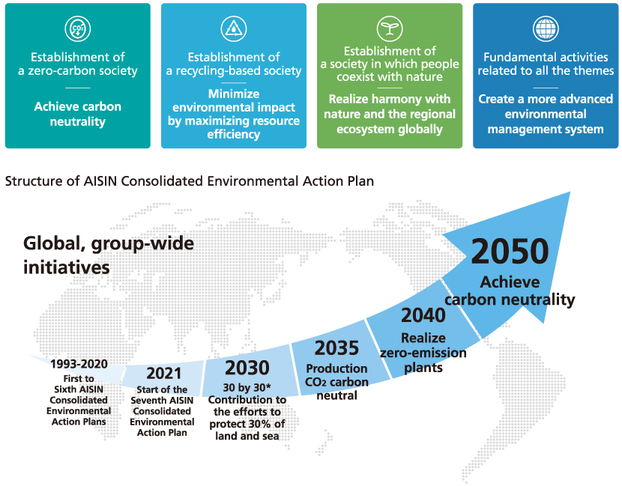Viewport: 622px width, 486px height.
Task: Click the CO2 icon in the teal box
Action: (x=78, y=28)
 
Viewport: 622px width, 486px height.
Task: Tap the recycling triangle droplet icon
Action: (x=234, y=28)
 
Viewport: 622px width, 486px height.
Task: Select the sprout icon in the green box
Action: (x=390, y=28)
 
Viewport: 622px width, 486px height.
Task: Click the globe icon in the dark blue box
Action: (x=546, y=28)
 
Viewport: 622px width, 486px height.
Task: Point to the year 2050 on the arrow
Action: (x=510, y=252)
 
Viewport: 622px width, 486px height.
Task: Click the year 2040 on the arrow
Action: (x=423, y=315)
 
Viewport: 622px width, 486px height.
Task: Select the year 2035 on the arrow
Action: (x=336, y=348)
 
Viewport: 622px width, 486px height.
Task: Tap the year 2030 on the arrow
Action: (x=247, y=368)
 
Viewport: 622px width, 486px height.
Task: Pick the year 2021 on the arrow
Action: (x=164, y=374)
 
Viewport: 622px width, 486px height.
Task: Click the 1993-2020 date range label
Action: (x=79, y=364)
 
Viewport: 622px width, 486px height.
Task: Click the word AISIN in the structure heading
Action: (x=100, y=181)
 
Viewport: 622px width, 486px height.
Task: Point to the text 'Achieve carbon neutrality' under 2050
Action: (x=510, y=291)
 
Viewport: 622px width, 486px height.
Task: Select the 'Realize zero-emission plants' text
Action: (x=423, y=353)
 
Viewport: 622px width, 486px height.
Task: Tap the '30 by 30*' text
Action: (x=247, y=387)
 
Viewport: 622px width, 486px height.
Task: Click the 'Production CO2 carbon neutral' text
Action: (x=336, y=382)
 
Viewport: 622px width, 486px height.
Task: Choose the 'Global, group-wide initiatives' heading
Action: (x=109, y=255)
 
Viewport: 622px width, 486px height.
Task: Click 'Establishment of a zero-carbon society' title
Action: (x=78, y=64)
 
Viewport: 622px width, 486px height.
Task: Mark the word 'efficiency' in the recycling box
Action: (x=234, y=134)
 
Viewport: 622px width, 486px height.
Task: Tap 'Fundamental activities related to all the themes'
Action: (x=546, y=64)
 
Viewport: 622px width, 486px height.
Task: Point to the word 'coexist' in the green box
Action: (x=355, y=76)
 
